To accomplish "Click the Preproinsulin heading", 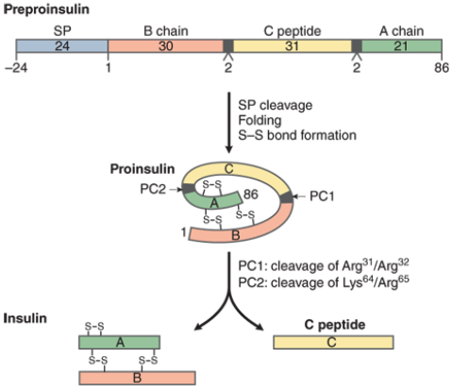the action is point(46,9).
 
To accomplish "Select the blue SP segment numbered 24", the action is point(62,46).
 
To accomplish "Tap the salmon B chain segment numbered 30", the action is point(165,46).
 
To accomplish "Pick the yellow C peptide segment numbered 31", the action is point(292,46).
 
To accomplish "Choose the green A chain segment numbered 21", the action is point(402,46).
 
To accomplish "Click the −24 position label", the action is point(16,68).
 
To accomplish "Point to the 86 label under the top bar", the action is point(442,68).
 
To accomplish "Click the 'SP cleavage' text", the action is point(276,105).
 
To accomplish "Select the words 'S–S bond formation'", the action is point(297,135).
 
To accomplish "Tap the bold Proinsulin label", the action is point(142,169).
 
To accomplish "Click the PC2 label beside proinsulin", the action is point(153,189).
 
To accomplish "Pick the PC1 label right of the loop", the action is point(322,196).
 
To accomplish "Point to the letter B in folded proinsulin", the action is point(236,235).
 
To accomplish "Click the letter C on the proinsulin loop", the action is point(229,169).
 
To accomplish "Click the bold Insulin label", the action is point(25,318).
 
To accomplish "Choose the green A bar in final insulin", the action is point(119,342).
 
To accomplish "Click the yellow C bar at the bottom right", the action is point(333,342).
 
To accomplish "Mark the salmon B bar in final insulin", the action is point(137,378).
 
